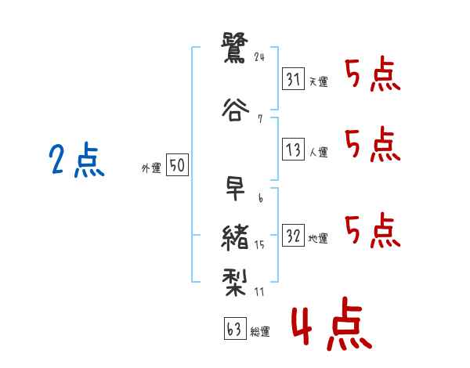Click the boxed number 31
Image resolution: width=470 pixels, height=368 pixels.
coord(294,79)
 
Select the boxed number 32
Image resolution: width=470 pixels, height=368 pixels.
coord(294,236)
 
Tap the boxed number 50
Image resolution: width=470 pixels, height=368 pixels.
coord(176,165)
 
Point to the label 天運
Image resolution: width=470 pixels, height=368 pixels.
coord(318,81)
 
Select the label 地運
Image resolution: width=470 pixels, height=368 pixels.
coord(318,239)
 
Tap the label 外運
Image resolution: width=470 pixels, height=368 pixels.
coord(151,168)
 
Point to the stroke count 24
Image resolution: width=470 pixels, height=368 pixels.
coord(259,56)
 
